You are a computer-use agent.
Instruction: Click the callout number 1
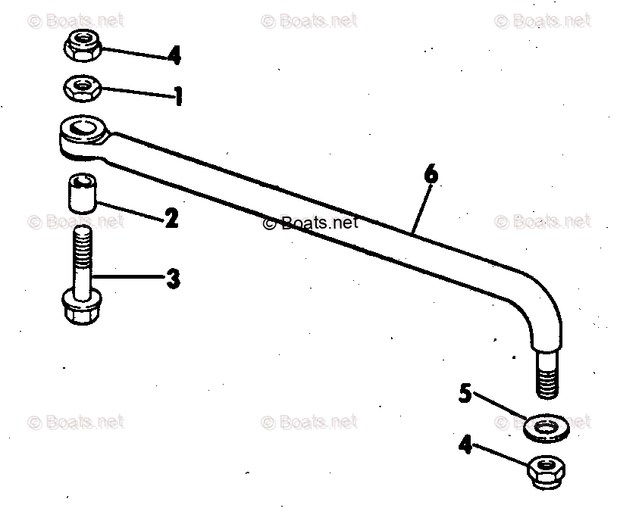[x=178, y=96]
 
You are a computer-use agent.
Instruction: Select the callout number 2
[x=171, y=219]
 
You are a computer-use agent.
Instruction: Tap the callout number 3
[x=174, y=279]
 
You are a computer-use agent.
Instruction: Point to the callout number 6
[x=430, y=174]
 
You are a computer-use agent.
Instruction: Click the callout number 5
[x=466, y=393]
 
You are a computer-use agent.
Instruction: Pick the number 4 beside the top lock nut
[x=174, y=55]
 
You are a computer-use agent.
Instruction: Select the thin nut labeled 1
[x=80, y=88]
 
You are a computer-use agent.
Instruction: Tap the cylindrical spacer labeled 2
[x=81, y=193]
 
